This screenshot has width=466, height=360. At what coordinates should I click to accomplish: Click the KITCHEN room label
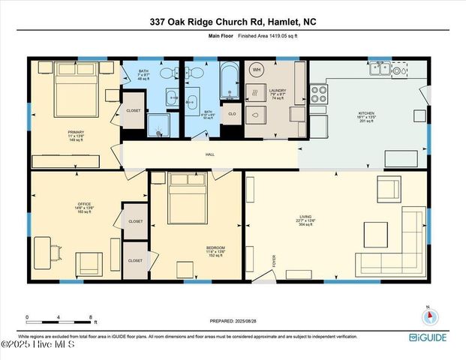point(365,114)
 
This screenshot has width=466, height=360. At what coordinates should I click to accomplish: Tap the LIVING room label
point(305,218)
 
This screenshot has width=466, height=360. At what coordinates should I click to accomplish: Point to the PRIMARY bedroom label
point(76,132)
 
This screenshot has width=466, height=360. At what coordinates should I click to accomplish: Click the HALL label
point(210,155)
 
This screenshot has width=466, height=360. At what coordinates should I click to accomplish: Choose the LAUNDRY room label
point(278,91)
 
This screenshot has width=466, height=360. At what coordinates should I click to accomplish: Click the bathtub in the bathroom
point(228,80)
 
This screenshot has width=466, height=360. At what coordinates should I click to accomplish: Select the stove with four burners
point(319,93)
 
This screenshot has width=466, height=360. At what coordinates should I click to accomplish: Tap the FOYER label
point(275,260)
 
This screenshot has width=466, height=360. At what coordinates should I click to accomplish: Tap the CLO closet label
point(232,114)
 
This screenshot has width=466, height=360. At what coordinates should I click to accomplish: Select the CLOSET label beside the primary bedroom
point(134,110)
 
